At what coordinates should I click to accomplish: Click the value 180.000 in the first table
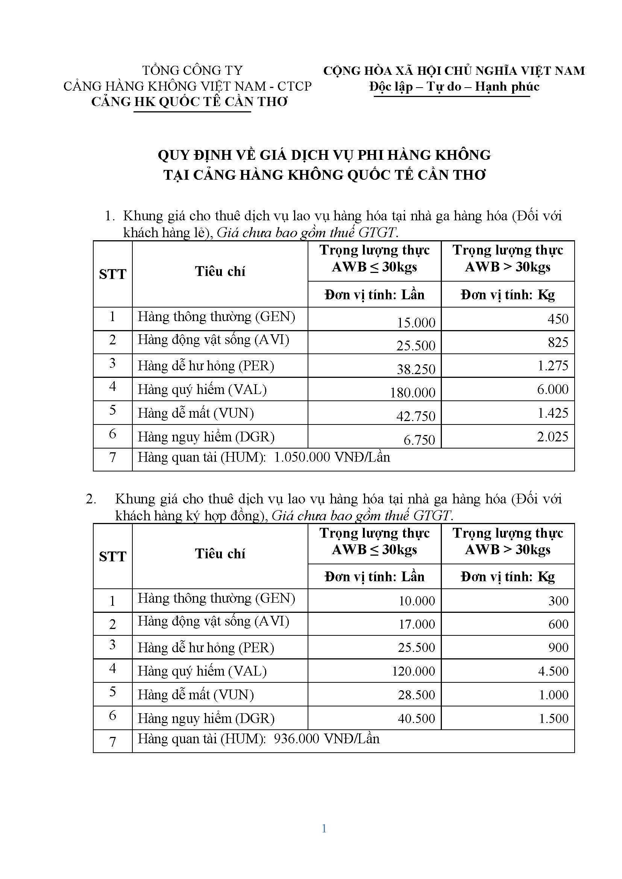coord(413,393)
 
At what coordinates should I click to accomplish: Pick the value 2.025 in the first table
coord(552,436)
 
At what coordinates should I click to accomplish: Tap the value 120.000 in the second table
coord(413,671)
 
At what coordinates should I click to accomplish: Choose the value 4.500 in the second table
coord(553,671)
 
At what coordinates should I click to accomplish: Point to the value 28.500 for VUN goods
coord(416,694)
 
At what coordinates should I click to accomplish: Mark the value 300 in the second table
coord(558,601)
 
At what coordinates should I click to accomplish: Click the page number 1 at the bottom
coord(324,829)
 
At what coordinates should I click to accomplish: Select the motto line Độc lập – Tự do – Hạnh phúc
coord(454,86)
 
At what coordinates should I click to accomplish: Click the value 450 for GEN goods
coord(558,319)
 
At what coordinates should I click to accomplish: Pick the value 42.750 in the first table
coord(416,416)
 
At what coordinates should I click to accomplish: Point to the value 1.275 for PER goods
coord(553,365)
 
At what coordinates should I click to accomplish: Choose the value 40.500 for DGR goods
coord(416,718)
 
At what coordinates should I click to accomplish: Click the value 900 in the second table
coord(558,647)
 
